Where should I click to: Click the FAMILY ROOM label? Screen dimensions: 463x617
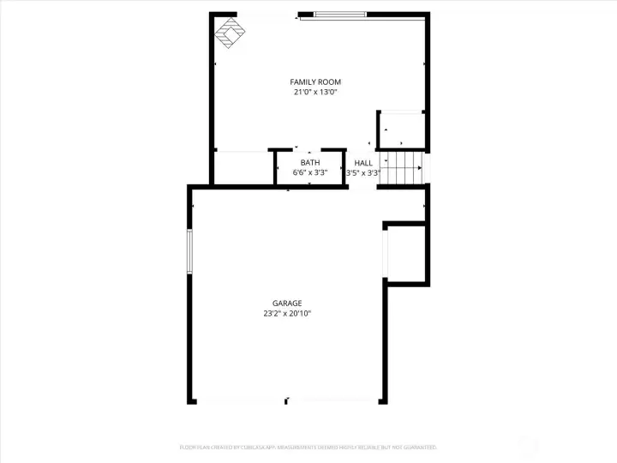tap(309, 81)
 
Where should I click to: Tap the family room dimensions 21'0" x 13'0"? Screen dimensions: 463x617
tap(309, 92)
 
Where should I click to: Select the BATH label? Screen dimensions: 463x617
tap(309, 163)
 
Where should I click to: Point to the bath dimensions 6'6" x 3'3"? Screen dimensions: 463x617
tap(309, 172)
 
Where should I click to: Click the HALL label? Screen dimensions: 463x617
tap(363, 163)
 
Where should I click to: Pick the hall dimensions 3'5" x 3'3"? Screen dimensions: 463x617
tap(362, 172)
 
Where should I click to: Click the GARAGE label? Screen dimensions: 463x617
tap(287, 304)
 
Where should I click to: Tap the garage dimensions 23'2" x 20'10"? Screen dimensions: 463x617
tap(287, 314)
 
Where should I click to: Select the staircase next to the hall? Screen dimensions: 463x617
tap(401, 168)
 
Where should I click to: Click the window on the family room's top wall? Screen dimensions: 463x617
tap(341, 15)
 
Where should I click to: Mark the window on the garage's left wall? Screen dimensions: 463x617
tap(189, 250)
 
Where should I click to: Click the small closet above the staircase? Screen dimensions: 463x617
tap(402, 130)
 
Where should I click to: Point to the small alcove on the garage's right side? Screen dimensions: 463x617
tap(405, 254)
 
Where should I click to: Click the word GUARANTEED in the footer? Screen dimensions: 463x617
tap(417, 448)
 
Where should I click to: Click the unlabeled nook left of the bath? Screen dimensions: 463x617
tap(243, 168)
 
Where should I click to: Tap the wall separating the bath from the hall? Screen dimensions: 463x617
tap(345, 166)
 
